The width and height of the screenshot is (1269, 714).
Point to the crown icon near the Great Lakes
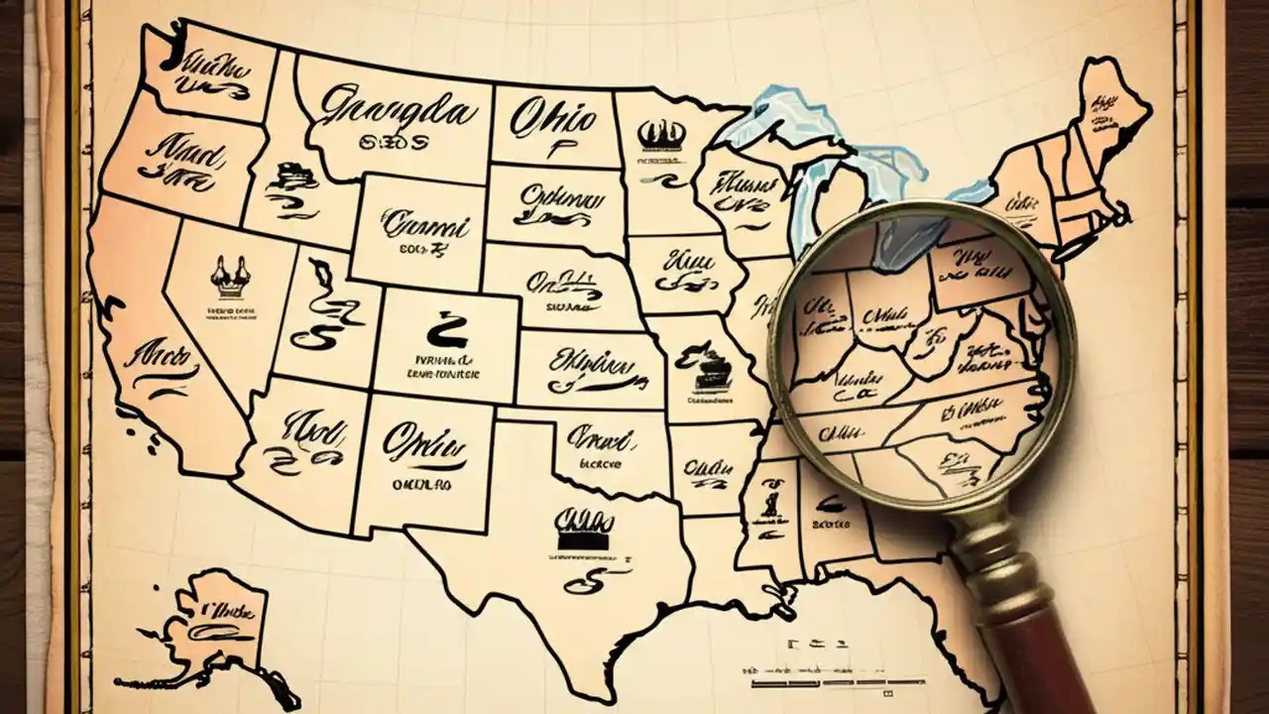661,134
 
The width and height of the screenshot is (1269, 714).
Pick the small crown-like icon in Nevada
230,278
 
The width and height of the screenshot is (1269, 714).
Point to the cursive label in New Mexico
424,442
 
